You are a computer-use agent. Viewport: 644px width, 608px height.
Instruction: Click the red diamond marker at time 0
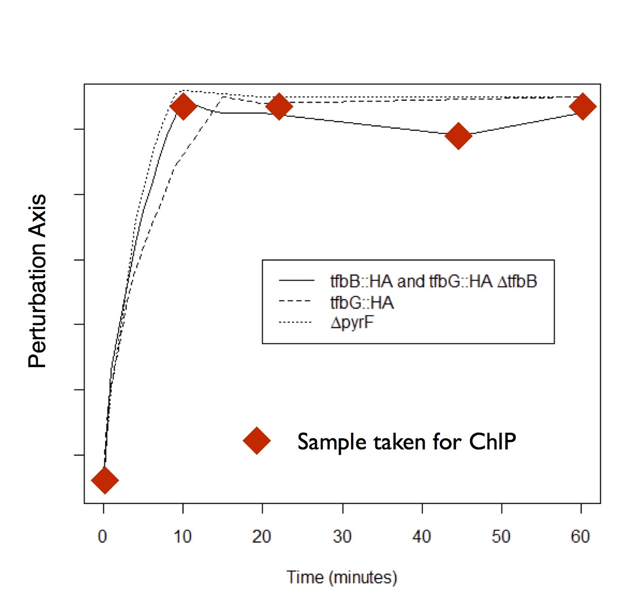coord(105,480)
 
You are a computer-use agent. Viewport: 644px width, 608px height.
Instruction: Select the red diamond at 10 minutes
coord(183,107)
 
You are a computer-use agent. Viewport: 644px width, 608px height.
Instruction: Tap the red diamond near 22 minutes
coord(279,107)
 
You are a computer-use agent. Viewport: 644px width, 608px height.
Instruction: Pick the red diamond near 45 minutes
coord(459,135)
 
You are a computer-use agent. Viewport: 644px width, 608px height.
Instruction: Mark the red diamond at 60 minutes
coord(582,107)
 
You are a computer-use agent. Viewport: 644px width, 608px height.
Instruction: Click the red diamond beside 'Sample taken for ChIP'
coord(257,441)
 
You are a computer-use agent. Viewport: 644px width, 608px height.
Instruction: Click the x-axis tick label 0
coord(103,536)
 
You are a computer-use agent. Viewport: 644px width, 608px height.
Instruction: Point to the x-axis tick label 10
coord(182,536)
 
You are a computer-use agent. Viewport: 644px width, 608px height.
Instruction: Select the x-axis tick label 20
coord(262,536)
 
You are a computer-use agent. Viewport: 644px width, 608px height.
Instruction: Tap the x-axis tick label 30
coord(342,536)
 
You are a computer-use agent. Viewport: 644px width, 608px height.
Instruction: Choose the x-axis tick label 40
coord(422,536)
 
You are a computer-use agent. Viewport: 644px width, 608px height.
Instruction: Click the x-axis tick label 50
coord(501,536)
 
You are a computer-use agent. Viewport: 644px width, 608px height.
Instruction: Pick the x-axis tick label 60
coord(581,536)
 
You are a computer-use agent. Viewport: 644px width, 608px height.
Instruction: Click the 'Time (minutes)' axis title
coord(342,577)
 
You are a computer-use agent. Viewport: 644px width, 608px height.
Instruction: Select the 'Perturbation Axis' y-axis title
coord(38,281)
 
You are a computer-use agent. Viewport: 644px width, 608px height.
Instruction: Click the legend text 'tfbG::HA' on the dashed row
coord(362,302)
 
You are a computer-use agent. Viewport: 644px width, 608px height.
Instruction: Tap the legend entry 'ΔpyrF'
coord(353,322)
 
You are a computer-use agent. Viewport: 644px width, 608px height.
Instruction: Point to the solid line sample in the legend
coord(296,280)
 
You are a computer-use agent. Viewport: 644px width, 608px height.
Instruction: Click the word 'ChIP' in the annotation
coord(492,442)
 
